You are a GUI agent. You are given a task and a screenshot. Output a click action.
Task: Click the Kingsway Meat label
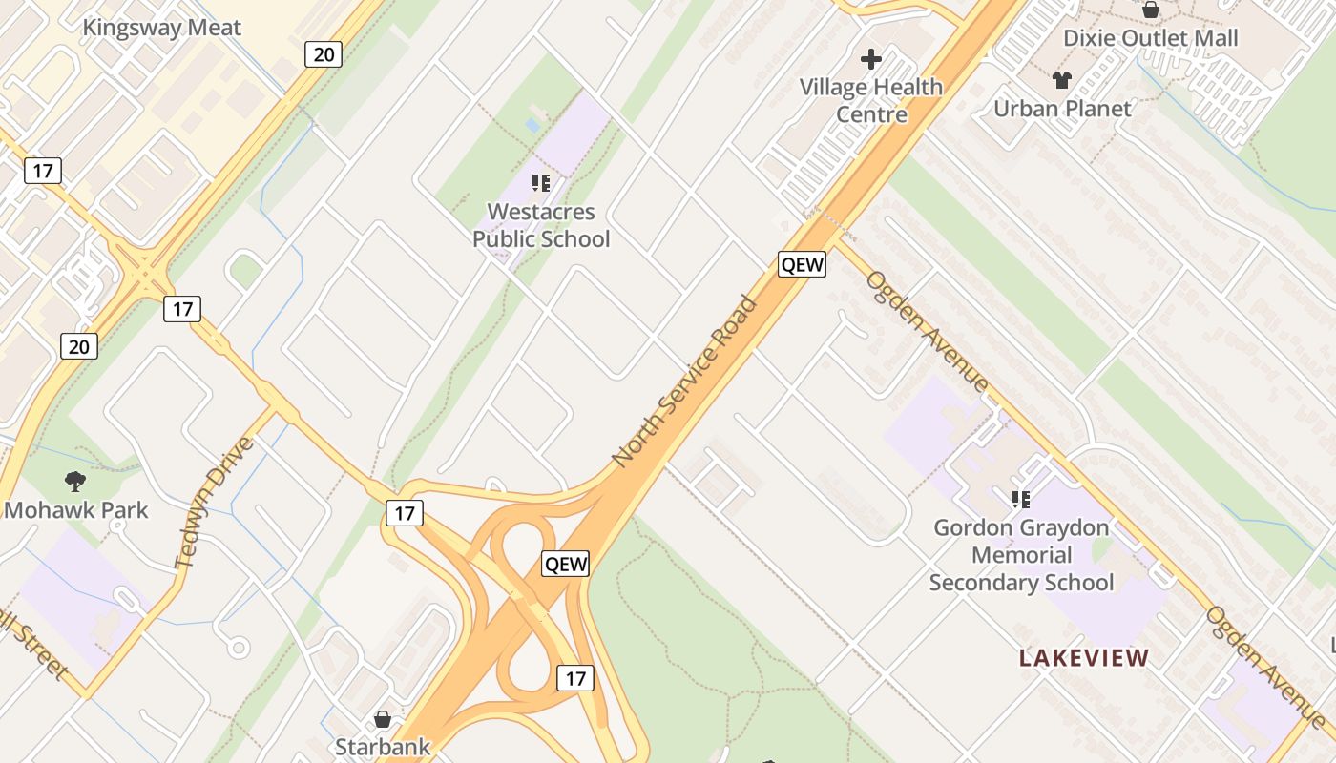pyautogui.click(x=161, y=28)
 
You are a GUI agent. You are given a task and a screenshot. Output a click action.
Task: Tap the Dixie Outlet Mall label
pyautogui.click(x=1150, y=38)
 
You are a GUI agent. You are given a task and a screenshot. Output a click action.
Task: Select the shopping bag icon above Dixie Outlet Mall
pyautogui.click(x=1151, y=10)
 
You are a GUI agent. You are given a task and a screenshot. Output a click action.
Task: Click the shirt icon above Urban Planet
pyautogui.click(x=1061, y=80)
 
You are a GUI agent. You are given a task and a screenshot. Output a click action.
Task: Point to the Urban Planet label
pyautogui.click(x=1062, y=109)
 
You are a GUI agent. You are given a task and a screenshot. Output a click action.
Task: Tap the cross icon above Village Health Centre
pyautogui.click(x=870, y=60)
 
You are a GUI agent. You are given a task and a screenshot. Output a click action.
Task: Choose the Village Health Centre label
pyautogui.click(x=870, y=100)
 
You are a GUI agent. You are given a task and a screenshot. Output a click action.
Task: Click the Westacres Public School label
pyautogui.click(x=541, y=225)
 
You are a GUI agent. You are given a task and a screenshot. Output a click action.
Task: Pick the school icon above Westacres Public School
pyautogui.click(x=541, y=182)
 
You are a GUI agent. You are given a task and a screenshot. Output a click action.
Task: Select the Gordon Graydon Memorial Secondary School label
pyautogui.click(x=1021, y=554)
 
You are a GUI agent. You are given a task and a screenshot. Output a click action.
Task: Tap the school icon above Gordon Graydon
pyautogui.click(x=1021, y=499)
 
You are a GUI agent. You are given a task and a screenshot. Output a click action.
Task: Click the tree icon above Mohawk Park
pyautogui.click(x=75, y=482)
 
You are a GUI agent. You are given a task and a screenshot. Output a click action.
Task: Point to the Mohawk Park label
pyautogui.click(x=76, y=510)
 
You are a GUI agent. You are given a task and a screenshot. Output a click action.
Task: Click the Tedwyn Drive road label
pyautogui.click(x=216, y=503)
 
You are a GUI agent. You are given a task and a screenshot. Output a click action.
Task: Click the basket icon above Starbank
pyautogui.click(x=383, y=718)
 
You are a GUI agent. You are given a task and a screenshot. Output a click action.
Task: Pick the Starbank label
pyautogui.click(x=383, y=746)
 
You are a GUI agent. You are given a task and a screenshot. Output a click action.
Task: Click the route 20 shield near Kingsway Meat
pyautogui.click(x=324, y=53)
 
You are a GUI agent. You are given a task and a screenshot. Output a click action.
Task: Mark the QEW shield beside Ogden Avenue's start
pyautogui.click(x=802, y=264)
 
